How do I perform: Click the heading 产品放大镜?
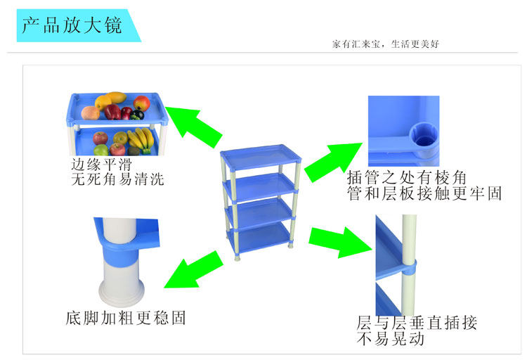click(71, 25)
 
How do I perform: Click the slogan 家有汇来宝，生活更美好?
click(386, 44)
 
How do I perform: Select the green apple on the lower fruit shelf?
click(102, 150)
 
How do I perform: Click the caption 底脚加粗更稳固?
click(126, 319)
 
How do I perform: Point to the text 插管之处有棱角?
click(407, 178)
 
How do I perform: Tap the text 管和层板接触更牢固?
click(424, 194)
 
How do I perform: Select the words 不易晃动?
click(391, 340)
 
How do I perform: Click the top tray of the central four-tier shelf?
click(262, 155)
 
